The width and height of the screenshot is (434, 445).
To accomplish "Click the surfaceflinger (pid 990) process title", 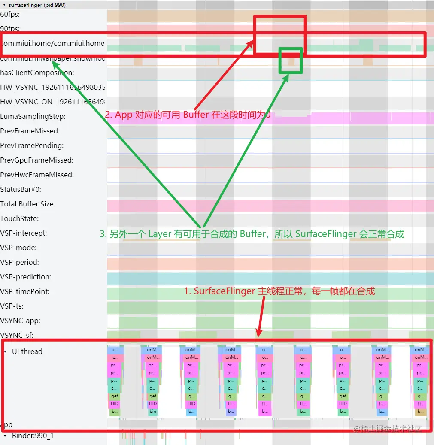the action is pos(37,5).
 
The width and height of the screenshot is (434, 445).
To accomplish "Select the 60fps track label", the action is pos(10,14).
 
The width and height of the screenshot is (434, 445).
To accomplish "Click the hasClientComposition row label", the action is pos(37,73).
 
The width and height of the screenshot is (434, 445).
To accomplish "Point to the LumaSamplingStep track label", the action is pos(33,116).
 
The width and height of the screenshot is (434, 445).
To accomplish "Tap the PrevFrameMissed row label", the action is pos(30,131).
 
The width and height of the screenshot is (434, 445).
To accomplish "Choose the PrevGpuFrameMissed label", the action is pos(36,160).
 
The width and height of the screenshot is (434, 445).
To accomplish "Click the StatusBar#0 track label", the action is pos(21,189).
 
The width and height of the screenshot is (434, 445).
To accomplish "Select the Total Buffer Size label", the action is pos(27,204).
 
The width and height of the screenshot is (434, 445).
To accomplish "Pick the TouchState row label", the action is pos(19,218).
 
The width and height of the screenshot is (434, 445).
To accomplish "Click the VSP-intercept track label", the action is pos(24,233).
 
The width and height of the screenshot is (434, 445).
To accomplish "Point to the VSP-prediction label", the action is pos(25,277).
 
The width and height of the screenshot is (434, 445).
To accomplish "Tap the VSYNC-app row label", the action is pos(20,321).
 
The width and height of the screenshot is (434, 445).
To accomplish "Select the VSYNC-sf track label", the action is pos(17,335).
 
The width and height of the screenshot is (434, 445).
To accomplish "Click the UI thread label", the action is pos(27,351).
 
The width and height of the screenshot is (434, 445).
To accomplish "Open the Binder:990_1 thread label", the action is pos(33,436).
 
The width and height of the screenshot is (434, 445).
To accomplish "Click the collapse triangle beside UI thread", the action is pos(5,351).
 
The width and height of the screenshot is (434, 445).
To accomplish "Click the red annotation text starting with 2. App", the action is pos(188,115).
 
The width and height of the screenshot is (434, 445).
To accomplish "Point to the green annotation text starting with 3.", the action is pos(252,234).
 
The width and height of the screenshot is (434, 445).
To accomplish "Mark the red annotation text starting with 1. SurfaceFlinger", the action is pos(279,291).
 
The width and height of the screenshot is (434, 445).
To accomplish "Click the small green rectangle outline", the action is pos(291,61).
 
